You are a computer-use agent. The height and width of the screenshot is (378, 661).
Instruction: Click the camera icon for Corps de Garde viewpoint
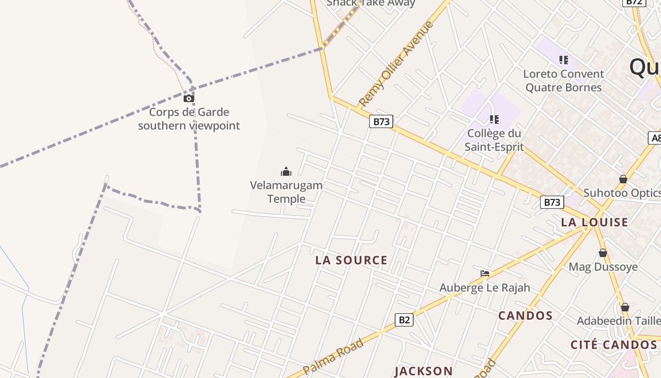(x=189, y=98)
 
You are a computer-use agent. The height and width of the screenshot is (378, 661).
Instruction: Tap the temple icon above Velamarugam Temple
(x=286, y=172)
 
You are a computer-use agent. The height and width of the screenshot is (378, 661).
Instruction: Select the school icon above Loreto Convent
(x=563, y=60)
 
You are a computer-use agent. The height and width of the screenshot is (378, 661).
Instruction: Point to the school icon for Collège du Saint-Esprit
(x=494, y=120)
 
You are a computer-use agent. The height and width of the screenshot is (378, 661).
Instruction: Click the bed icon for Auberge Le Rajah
(x=485, y=274)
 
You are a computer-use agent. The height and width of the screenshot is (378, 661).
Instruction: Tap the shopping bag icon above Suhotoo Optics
(x=623, y=179)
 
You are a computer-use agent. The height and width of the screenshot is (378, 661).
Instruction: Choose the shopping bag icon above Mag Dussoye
(x=603, y=253)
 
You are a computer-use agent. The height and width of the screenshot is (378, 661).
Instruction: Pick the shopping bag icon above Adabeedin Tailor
(x=625, y=307)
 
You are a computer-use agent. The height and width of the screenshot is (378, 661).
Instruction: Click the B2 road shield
(x=404, y=320)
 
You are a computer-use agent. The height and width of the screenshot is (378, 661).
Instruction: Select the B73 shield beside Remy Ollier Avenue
(x=381, y=121)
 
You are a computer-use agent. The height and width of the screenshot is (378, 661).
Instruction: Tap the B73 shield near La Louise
(x=551, y=202)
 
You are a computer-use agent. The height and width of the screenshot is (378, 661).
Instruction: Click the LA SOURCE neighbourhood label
(x=351, y=260)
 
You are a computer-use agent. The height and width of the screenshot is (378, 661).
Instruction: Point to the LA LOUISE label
(x=594, y=222)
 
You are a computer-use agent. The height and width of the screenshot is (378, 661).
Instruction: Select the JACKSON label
(x=424, y=371)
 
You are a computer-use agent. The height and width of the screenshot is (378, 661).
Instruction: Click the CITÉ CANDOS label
(x=613, y=345)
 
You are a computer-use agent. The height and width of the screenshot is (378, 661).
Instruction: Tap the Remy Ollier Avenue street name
(x=396, y=63)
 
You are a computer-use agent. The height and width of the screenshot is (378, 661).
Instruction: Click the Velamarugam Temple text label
(x=286, y=192)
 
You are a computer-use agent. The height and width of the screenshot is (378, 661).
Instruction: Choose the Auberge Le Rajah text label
(x=485, y=288)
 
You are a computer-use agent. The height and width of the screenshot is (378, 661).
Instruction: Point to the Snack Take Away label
(x=371, y=3)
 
